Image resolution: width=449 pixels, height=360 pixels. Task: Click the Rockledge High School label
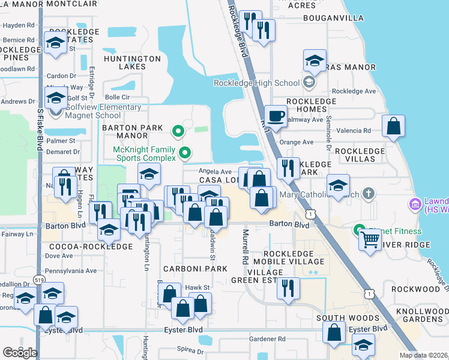pos(265,83)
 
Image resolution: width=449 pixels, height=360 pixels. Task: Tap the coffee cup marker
pos(276,116)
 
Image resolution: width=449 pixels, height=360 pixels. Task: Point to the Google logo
pos(20,353)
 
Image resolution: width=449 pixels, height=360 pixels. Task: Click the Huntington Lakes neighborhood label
pos(132,62)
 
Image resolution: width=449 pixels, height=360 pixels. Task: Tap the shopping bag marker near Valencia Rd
pos(393,127)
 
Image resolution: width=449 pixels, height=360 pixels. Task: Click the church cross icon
pos(368,194)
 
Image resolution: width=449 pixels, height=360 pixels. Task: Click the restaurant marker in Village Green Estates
pos(288,289)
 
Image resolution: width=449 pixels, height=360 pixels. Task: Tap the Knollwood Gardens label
pos(423,315)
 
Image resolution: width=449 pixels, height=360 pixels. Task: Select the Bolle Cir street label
pos(117,97)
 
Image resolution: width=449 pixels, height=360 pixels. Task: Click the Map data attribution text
pos(424,355)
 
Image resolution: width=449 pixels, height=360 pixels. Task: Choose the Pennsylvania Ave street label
pos(71,271)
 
